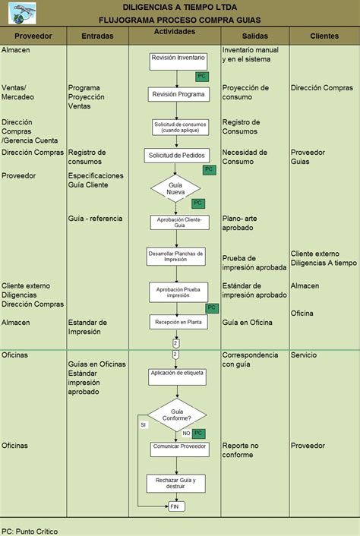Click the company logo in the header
pos(22,13)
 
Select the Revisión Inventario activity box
pos(178,61)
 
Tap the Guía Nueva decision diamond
pos(175,188)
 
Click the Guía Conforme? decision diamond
pos(177,415)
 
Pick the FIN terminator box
pos(176,506)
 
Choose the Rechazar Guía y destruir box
pos(175,484)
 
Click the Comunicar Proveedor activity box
pos(179,449)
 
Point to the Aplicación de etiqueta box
pos(177,377)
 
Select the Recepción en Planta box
pos(178,322)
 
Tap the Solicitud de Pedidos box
pos(177,156)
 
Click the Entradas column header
pos(97,36)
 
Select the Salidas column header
pos(255,36)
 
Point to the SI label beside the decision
pos(144,425)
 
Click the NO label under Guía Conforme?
pos(186,433)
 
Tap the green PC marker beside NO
pos(198,434)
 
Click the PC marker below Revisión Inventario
pos(202,76)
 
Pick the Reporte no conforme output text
pos(240,450)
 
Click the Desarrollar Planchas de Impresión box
pos(175,257)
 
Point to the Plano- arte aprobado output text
pos(240,223)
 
